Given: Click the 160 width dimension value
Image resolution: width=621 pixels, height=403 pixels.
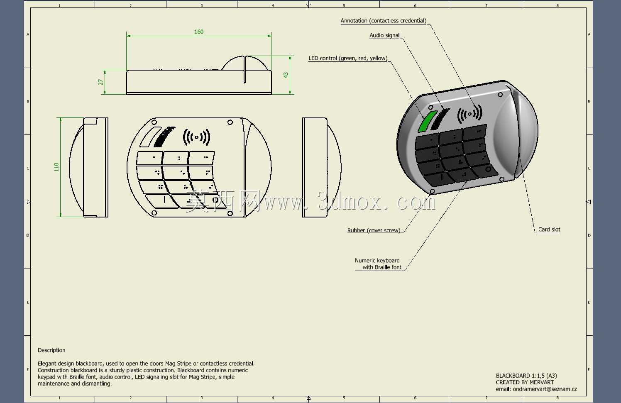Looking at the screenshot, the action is pyautogui.click(x=199, y=32).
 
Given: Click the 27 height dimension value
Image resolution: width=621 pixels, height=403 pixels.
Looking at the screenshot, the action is pyautogui.click(x=100, y=82).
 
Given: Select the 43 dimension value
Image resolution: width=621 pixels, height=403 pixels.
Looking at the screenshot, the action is pyautogui.click(x=286, y=75).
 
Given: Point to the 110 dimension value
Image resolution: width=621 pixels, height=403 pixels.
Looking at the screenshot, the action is pyautogui.click(x=56, y=167).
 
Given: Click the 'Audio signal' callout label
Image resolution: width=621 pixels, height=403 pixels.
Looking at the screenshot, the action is pyautogui.click(x=384, y=35).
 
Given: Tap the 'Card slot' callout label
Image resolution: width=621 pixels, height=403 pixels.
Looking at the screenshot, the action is pyautogui.click(x=549, y=230).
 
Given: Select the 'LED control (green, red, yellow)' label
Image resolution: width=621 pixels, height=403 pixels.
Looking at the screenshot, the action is pyautogui.click(x=348, y=58).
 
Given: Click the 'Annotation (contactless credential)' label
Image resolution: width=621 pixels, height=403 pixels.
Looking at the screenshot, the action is pyautogui.click(x=384, y=20).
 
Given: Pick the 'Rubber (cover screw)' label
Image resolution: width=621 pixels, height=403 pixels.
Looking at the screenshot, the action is pyautogui.click(x=374, y=230).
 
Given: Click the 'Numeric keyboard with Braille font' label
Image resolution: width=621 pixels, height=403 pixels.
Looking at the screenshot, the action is pyautogui.click(x=378, y=264).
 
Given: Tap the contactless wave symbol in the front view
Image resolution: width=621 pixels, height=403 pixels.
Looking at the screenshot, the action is pyautogui.click(x=197, y=137).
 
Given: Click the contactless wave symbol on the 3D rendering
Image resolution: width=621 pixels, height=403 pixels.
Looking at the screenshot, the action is pyautogui.click(x=469, y=114).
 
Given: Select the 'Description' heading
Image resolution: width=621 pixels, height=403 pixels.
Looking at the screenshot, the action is pyautogui.click(x=51, y=350).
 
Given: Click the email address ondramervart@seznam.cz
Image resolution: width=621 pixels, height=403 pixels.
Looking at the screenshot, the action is pyautogui.click(x=545, y=389).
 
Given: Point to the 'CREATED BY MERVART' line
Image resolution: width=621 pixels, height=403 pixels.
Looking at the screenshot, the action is pyautogui.click(x=525, y=382).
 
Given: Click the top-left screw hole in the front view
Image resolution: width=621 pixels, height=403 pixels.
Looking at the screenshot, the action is pyautogui.click(x=154, y=122).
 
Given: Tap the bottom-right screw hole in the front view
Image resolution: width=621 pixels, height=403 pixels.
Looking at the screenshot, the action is pyautogui.click(x=230, y=213).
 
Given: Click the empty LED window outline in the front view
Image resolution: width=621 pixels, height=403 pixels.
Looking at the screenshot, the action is pyautogui.click(x=150, y=137).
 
